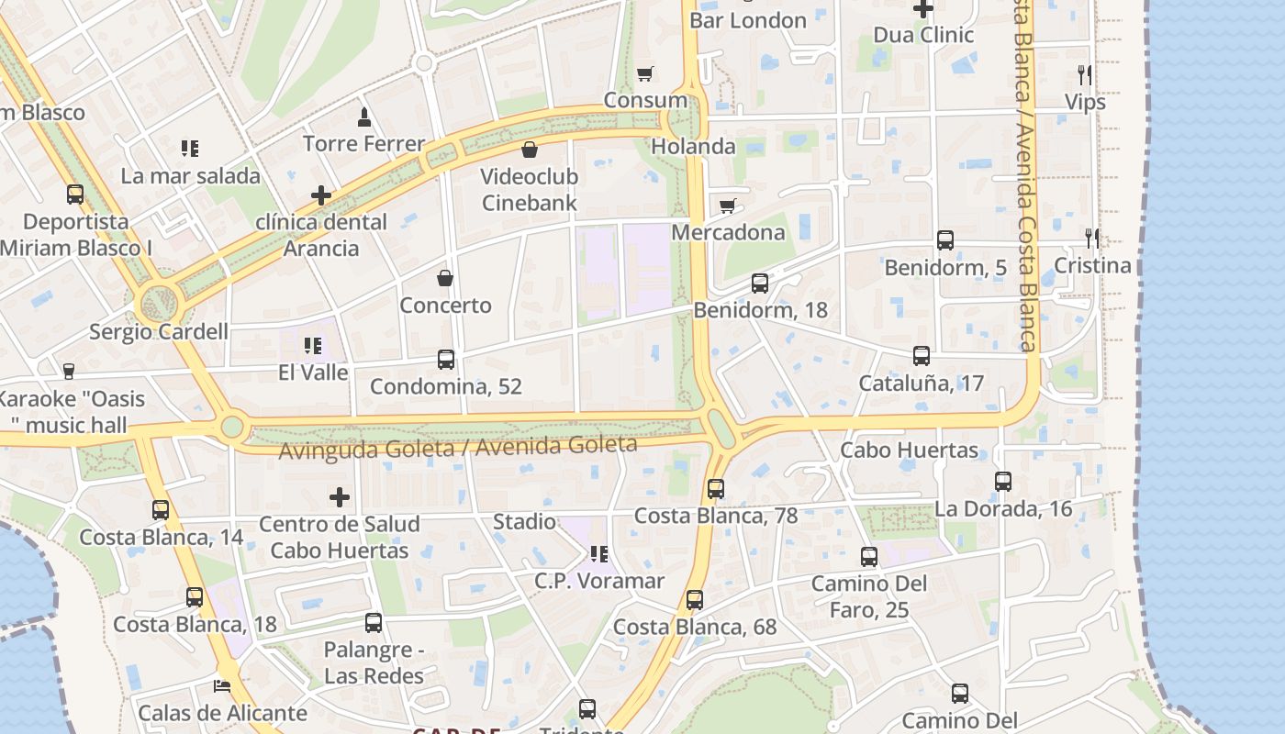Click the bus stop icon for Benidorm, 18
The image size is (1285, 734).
(x=760, y=284)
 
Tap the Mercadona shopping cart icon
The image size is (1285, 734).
(x=728, y=206)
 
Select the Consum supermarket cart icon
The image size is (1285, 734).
(x=646, y=73)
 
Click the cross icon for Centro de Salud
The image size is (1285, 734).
(x=340, y=497)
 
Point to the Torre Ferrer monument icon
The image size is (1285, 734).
(x=364, y=117)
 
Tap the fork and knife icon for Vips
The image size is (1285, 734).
(x=1085, y=74)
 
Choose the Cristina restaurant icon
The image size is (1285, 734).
(x=1092, y=239)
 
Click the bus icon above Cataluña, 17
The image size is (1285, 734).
(x=922, y=356)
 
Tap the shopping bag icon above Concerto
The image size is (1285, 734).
(x=445, y=278)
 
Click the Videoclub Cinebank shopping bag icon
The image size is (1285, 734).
(x=530, y=150)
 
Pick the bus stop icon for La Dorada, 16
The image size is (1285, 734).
(x=1003, y=482)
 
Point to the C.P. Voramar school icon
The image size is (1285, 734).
(x=599, y=554)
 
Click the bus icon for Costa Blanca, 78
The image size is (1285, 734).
(x=716, y=489)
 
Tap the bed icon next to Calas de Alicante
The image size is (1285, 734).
(x=222, y=685)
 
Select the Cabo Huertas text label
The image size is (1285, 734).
(x=909, y=450)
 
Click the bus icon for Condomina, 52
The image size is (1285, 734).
(x=446, y=360)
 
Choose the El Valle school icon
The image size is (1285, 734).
(x=313, y=346)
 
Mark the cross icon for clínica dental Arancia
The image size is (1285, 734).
(x=321, y=195)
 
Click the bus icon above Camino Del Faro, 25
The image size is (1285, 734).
(x=868, y=557)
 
